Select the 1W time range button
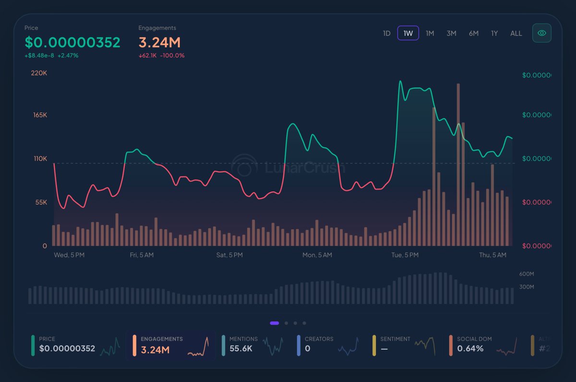tap(408, 33)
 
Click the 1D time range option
tap(386, 33)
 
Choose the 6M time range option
tap(473, 33)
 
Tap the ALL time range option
tap(516, 33)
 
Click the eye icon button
tap(542, 33)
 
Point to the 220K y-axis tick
tap(39, 73)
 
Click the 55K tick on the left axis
tap(41, 203)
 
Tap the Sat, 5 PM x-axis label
tap(229, 255)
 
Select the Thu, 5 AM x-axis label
tap(493, 255)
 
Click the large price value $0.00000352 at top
tap(72, 42)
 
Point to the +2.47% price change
tap(68, 56)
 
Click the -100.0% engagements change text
tap(172, 56)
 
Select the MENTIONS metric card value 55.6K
tap(241, 348)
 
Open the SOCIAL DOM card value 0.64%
tap(470, 348)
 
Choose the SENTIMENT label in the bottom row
tap(395, 339)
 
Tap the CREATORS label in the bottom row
tap(319, 339)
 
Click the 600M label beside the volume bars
tap(527, 274)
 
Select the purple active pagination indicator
tap(275, 323)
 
